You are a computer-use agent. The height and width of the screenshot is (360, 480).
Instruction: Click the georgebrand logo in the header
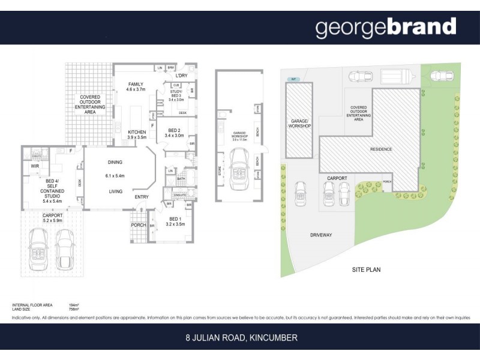[x=385, y=28]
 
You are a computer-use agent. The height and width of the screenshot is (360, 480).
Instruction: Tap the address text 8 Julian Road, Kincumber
[x=240, y=338]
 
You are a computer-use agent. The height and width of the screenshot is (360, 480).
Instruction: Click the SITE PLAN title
[x=366, y=270]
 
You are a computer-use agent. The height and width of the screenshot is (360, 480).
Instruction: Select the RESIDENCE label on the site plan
[x=380, y=149]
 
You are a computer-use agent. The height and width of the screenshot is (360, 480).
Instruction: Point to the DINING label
[x=116, y=162]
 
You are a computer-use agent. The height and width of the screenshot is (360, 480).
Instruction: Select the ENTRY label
[x=142, y=196]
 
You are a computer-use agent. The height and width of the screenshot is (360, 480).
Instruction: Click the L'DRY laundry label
[x=182, y=76]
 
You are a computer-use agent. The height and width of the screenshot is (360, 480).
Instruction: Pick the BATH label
[x=181, y=179]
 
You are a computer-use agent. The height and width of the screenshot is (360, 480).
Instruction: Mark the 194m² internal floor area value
[x=76, y=305]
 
